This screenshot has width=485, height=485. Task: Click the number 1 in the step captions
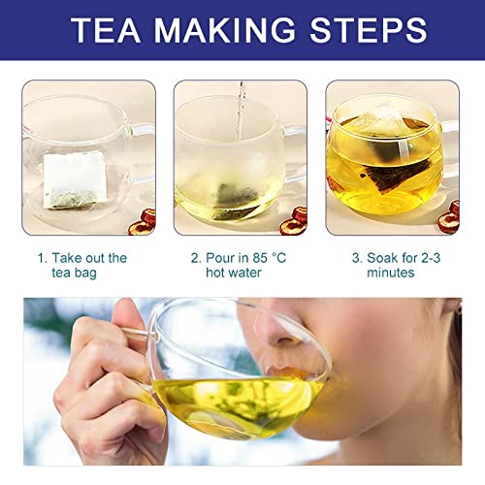click(x=41, y=258)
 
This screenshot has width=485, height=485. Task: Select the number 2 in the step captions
click(x=194, y=258)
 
